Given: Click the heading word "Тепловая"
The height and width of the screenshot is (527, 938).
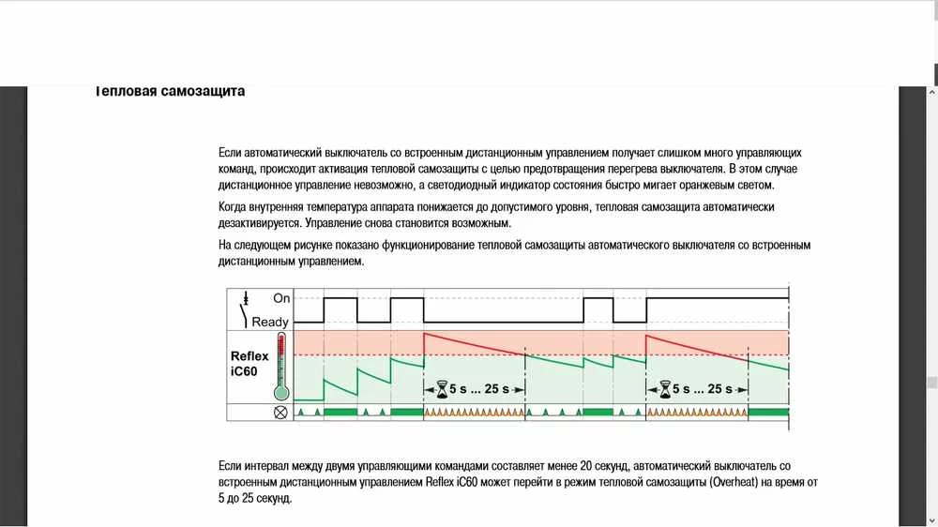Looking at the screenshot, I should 125,92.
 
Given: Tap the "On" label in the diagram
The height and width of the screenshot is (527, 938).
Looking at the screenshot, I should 281,298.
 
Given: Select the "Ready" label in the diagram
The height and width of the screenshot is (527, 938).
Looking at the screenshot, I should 270,322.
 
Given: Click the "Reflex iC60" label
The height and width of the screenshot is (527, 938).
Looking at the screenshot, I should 250,364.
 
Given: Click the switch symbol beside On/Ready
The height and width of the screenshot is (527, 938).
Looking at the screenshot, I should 247,310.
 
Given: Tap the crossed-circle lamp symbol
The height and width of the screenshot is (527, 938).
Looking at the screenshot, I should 280,413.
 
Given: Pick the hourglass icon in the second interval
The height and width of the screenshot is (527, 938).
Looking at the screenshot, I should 666,386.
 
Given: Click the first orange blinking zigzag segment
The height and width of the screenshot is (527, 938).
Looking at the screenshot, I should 474,413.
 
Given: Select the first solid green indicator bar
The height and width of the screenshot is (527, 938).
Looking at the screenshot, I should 340,413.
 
